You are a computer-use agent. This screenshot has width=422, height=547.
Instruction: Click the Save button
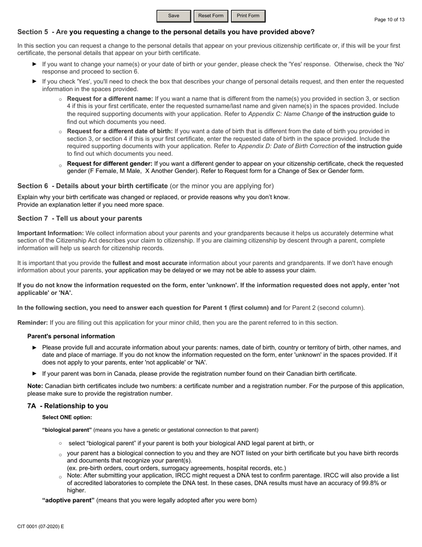[174, 16]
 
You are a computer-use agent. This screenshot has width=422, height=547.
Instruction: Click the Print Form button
[248, 16]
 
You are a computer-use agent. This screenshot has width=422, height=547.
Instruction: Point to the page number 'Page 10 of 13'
[389, 20]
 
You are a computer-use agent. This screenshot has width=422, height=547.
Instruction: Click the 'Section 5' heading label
[33, 32]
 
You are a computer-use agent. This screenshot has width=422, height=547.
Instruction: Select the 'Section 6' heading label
[33, 186]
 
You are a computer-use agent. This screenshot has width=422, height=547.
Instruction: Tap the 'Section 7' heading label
[33, 218]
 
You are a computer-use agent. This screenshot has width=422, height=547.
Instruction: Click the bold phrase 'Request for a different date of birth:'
[120, 131]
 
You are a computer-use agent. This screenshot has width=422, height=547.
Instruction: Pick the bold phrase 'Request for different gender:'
[110, 164]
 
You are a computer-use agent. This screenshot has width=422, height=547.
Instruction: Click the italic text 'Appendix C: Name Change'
[286, 114]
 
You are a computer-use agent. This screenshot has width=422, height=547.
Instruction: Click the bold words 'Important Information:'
[50, 233]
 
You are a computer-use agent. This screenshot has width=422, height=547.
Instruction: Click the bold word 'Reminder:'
[32, 323]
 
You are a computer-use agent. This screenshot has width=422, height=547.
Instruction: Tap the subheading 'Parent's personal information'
[71, 336]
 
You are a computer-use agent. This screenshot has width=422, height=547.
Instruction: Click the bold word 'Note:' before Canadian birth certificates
[35, 386]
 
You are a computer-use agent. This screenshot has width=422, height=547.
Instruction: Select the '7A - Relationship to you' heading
[68, 406]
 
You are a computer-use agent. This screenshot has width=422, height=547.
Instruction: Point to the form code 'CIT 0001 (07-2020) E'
[40, 527]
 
